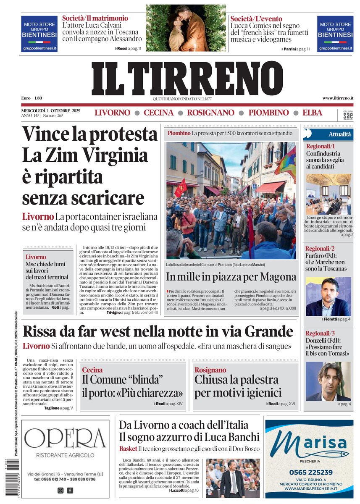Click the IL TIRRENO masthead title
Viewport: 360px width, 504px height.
(x=187, y=79)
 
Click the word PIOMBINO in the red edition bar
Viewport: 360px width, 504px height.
(x=268, y=113)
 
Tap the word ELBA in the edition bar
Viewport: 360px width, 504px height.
(x=312, y=113)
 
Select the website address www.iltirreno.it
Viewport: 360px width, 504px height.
(x=337, y=98)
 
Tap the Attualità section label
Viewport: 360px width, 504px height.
(x=339, y=134)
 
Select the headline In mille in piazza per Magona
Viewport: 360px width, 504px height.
(x=231, y=276)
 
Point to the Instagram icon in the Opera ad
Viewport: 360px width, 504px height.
(x=60, y=490)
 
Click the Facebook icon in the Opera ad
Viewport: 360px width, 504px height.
(x=70, y=490)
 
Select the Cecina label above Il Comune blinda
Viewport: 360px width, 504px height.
(x=92, y=370)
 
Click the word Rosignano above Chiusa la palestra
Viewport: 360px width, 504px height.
(x=210, y=370)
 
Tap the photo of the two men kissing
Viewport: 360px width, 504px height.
(x=185, y=28)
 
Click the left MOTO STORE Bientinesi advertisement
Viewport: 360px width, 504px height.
(x=39, y=34)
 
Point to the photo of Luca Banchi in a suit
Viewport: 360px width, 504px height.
(x=233, y=478)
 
